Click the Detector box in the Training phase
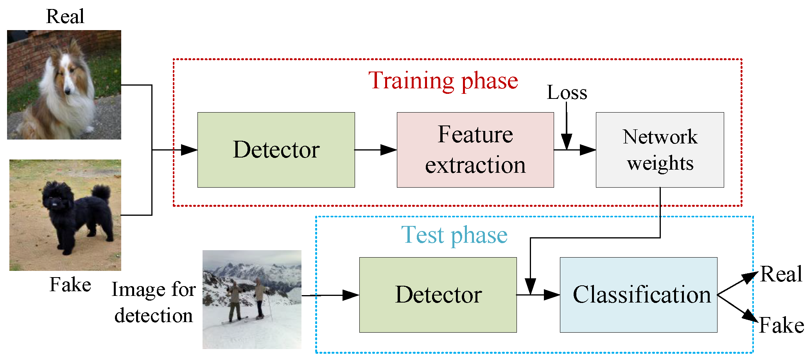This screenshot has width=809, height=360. [x=276, y=150]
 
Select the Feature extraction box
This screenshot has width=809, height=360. [x=475, y=150]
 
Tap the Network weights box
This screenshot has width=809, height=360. [x=660, y=150]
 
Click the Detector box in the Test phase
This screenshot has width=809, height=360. [x=438, y=295]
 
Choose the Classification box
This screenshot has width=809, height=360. [x=639, y=295]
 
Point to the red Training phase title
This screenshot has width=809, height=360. [x=443, y=81]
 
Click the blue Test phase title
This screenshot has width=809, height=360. [x=454, y=235]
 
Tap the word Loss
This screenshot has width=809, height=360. [x=567, y=93]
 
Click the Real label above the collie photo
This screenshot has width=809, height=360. [x=65, y=16]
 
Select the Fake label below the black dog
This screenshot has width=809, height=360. [x=70, y=284]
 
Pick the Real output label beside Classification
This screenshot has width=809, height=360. [x=781, y=274]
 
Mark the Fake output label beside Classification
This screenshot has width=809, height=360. [x=781, y=325]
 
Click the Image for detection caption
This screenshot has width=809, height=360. [x=153, y=302]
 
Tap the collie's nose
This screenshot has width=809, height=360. [x=68, y=92]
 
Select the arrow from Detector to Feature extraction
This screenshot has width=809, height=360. [x=375, y=150]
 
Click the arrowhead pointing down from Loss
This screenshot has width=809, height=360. [x=567, y=141]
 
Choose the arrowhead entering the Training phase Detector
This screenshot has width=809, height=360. [x=190, y=150]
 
